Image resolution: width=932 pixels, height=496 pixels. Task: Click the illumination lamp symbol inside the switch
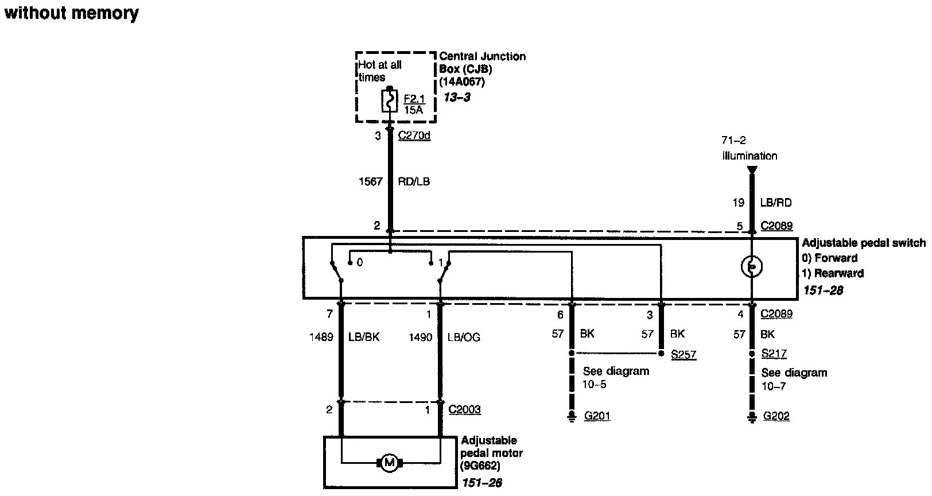(x=751, y=266)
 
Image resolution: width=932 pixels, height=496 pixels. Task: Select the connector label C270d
(x=414, y=136)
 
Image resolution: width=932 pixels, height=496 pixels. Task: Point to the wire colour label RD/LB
(x=414, y=181)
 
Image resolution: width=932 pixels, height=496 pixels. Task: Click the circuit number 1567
(x=371, y=181)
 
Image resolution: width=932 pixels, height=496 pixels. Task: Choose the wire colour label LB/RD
(x=775, y=203)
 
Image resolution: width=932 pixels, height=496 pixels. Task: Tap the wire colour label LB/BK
(x=364, y=338)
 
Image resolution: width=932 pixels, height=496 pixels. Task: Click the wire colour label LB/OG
(x=464, y=338)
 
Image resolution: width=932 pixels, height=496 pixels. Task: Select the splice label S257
(x=684, y=355)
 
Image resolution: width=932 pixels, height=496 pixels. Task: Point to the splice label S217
(x=774, y=354)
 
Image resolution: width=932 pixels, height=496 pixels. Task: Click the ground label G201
(x=597, y=416)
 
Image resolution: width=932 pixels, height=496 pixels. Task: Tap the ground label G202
(x=776, y=416)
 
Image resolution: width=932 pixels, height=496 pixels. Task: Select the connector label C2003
(x=464, y=410)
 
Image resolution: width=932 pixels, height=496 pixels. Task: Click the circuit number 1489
(x=321, y=338)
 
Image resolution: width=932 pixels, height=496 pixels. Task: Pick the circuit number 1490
(x=420, y=338)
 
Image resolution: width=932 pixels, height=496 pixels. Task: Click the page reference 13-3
(x=457, y=97)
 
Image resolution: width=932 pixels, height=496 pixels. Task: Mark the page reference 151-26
(x=481, y=483)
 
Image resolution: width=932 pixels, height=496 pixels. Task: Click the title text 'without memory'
(x=71, y=13)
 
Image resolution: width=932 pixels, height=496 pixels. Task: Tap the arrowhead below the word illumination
(x=752, y=170)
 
